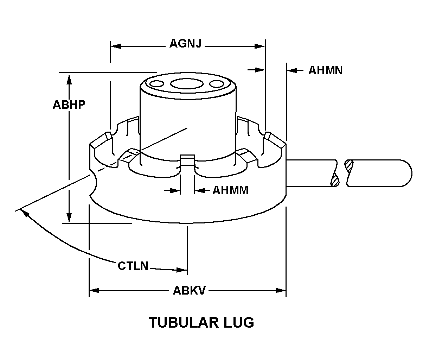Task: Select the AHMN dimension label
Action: pyautogui.click(x=325, y=70)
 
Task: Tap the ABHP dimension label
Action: pyautogui.click(x=69, y=105)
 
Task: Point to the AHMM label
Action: pyautogui.click(x=230, y=190)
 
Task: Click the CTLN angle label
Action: pyautogui.click(x=133, y=266)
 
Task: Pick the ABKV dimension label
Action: pyautogui.click(x=189, y=291)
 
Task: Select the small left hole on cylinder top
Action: pyautogui.click(x=156, y=84)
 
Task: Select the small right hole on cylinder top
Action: pyautogui.click(x=216, y=84)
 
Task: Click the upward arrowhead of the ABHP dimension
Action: pyautogui.click(x=70, y=79)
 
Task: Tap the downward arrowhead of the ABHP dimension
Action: pyautogui.click(x=70, y=217)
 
